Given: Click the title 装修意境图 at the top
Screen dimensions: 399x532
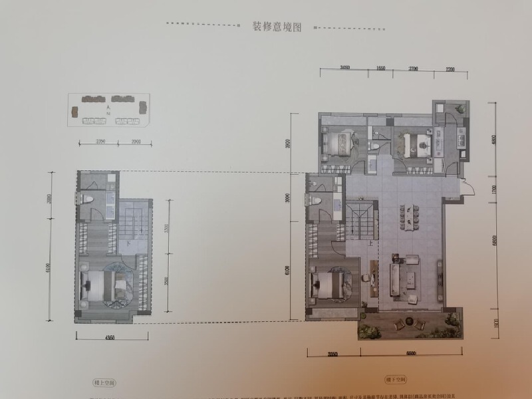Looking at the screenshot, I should [277, 27].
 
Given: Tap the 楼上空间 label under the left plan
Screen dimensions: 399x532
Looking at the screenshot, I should [106, 384].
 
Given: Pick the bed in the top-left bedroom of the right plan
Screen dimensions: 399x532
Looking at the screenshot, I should [339, 142].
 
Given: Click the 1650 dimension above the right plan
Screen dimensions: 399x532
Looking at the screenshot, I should [380, 68].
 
